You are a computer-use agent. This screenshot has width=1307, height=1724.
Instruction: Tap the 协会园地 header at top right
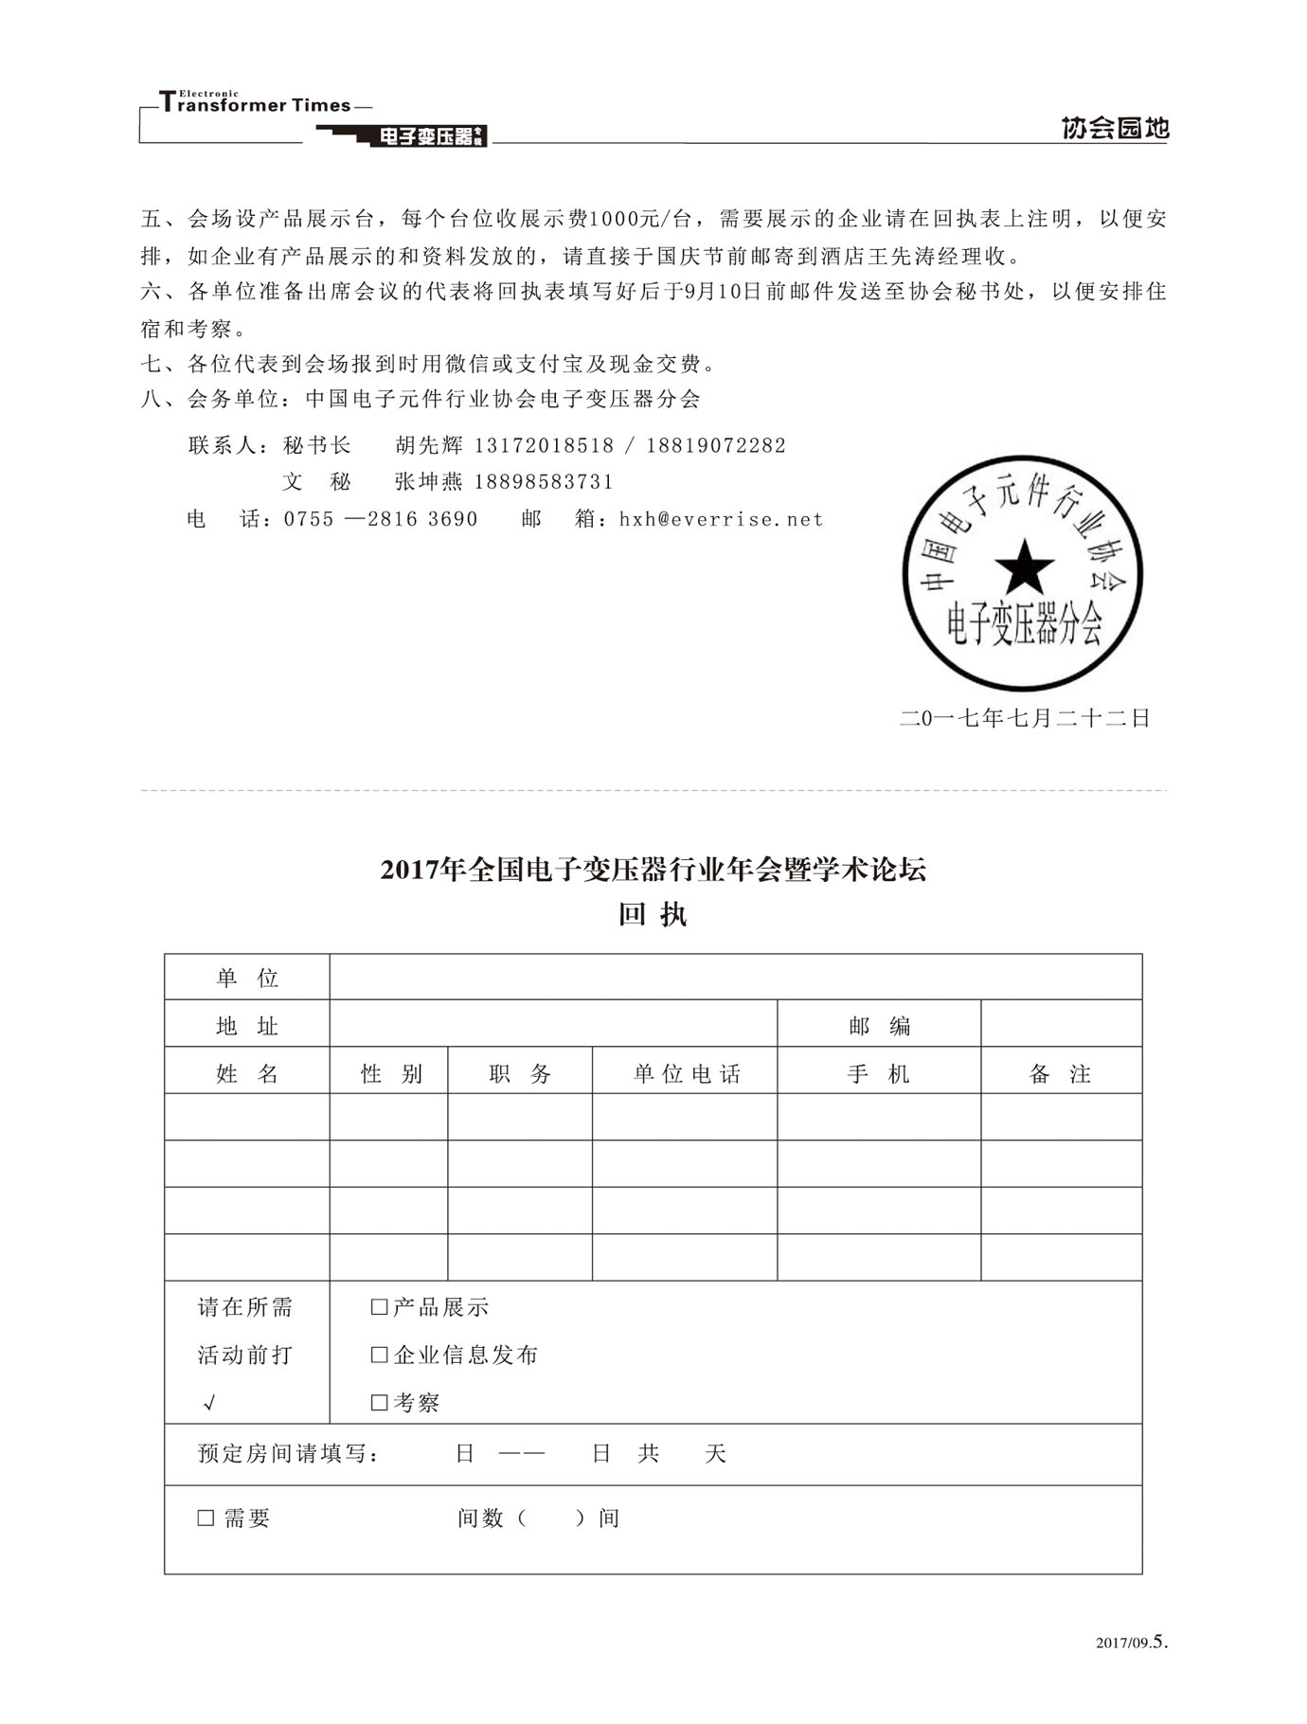point(1115,128)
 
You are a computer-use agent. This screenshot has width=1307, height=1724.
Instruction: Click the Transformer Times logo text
point(256,104)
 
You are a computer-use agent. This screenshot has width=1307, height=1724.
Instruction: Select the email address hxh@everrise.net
point(721,519)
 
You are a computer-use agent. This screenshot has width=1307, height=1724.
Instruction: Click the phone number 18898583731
point(544,482)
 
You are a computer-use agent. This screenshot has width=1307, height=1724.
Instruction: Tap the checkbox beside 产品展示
point(380,1307)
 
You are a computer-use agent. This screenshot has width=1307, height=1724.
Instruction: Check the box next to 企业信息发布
point(380,1355)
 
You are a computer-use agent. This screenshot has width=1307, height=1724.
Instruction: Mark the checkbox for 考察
point(380,1402)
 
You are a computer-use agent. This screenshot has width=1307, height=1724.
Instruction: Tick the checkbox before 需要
point(206,1518)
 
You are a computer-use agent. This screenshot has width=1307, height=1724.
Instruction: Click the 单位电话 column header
point(687,1073)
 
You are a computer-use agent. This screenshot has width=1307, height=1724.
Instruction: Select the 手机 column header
point(879,1073)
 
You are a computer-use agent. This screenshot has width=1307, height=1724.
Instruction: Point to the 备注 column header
point(1061,1073)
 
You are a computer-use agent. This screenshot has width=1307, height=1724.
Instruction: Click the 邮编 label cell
point(879,1026)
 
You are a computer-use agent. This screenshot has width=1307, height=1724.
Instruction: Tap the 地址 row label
point(247,1026)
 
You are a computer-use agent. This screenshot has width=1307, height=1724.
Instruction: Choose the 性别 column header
point(391,1073)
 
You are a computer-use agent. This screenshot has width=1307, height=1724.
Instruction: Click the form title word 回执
point(653,915)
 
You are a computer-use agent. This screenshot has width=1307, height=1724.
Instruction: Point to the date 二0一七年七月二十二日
point(1025,718)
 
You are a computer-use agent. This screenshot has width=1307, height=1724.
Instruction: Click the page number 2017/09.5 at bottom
point(1132,1643)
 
